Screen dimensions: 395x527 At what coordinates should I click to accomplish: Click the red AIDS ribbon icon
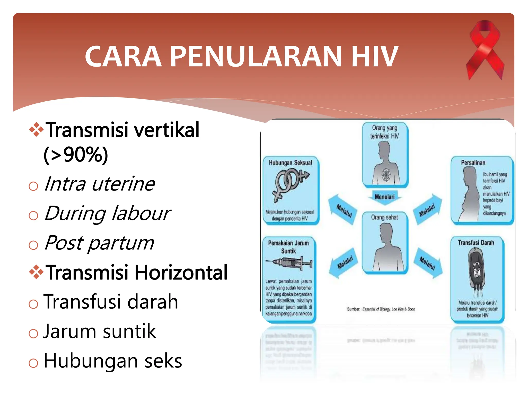click(x=485, y=50)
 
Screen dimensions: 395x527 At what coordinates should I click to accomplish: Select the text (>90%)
click(x=76, y=155)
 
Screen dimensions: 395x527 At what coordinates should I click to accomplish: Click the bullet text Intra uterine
click(x=100, y=184)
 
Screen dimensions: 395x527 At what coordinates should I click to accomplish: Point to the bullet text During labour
click(x=107, y=214)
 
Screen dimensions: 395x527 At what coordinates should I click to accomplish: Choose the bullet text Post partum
click(x=99, y=243)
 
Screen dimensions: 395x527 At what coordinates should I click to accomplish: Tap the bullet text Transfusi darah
click(x=111, y=302)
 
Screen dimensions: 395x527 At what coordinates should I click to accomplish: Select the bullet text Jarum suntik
click(x=100, y=331)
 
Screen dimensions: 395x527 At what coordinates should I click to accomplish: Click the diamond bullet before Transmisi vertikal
click(x=36, y=130)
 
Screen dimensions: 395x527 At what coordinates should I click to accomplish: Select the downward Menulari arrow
click(x=385, y=197)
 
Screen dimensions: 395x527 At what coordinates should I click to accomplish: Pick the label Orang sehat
click(x=384, y=218)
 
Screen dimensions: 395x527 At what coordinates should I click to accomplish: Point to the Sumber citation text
click(x=381, y=309)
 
